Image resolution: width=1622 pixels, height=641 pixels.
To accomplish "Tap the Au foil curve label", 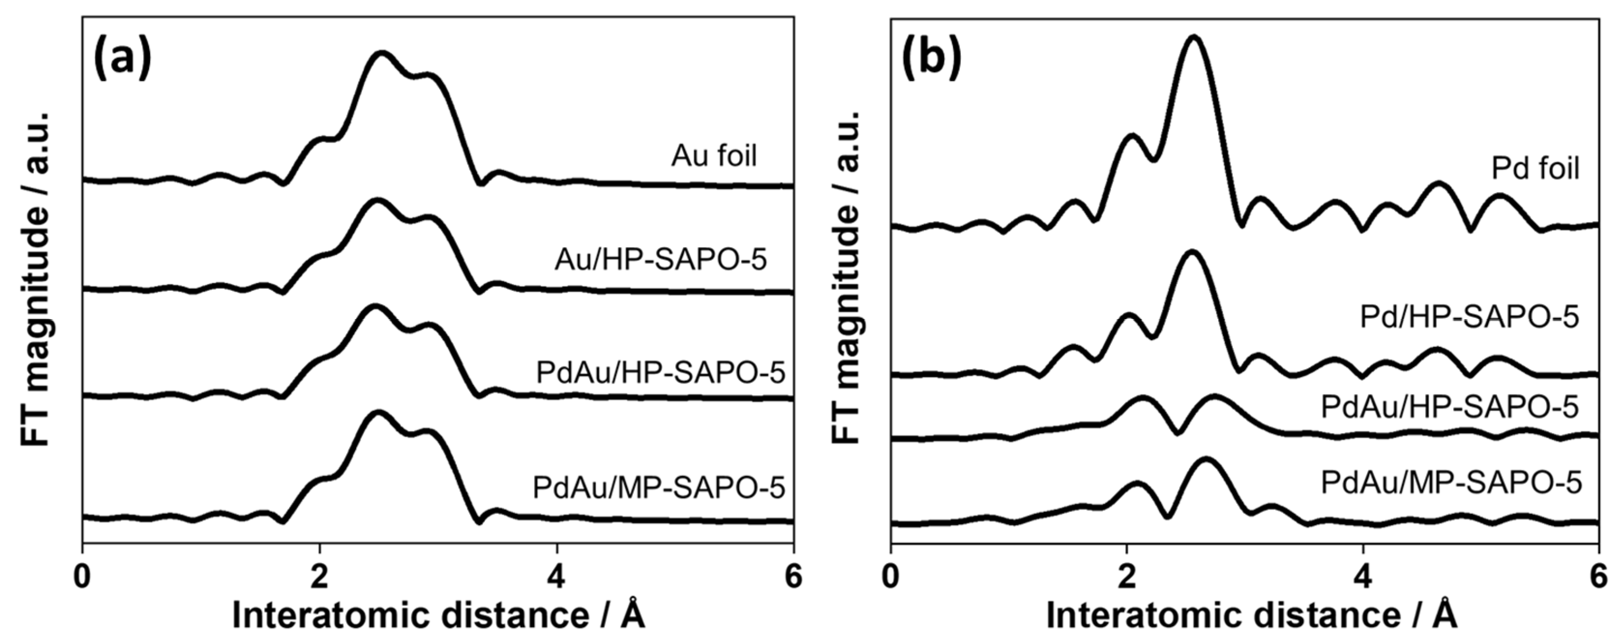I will [x=714, y=155].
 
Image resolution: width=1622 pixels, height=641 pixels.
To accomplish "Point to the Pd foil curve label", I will [x=1535, y=169].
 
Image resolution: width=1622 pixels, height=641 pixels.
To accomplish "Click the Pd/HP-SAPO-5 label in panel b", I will [x=1470, y=317].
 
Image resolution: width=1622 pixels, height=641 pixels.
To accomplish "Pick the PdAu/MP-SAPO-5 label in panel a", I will [x=659, y=487].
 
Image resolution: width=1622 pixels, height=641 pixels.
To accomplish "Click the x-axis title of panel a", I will [x=439, y=615].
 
